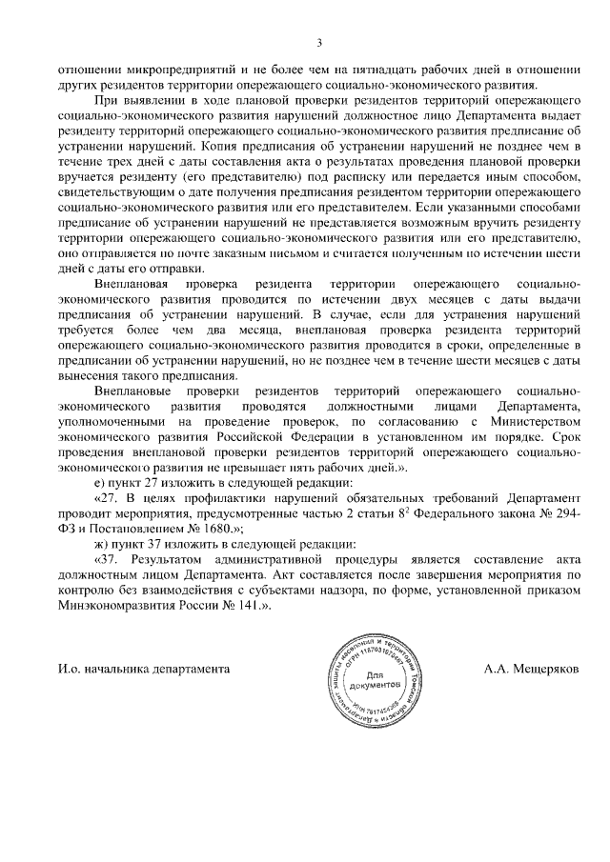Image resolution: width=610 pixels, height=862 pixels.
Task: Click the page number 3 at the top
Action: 319,42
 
